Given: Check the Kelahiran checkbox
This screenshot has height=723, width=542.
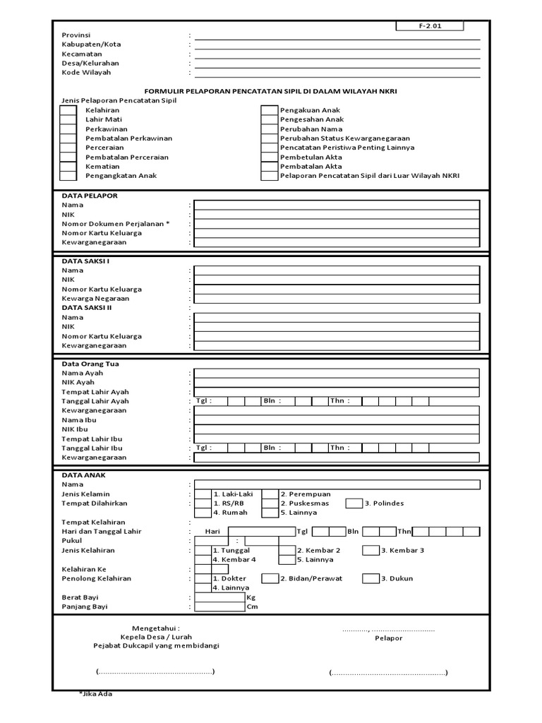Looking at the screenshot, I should coord(68,111).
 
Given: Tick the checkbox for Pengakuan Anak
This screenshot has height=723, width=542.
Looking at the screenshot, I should coord(269,111).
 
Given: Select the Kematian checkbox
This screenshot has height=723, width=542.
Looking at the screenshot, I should coord(68,167).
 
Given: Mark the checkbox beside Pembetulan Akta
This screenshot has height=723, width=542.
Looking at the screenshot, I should coord(269,157).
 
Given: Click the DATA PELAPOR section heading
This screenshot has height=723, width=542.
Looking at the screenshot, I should coord(90,195).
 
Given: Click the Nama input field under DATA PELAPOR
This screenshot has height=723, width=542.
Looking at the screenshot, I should coord(337,205).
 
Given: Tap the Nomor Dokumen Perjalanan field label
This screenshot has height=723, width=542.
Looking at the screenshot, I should coord(116,223).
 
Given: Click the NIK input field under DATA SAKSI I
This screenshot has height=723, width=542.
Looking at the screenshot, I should coord(337,280).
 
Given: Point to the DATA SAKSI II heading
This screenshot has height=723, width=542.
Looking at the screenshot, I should coord(87,308).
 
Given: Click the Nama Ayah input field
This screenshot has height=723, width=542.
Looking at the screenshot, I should coord(337,374).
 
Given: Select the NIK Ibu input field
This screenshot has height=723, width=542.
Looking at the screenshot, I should coord(337,429).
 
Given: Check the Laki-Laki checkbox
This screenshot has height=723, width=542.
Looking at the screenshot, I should coord(203,494).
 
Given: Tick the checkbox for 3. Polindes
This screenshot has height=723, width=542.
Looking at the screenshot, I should coord(354,503).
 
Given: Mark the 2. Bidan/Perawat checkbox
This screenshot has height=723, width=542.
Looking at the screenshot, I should coord(270,578).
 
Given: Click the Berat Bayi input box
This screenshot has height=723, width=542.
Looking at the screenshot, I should coord(219,597).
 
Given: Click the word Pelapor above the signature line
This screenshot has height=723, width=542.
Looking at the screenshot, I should coord(388,638).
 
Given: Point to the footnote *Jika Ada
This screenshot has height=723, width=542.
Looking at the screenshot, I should coord(95,693).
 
